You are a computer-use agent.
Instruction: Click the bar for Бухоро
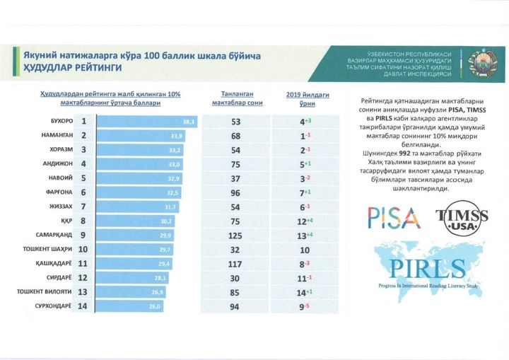click(x=146, y=122)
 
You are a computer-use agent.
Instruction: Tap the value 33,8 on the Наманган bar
click(x=177, y=136)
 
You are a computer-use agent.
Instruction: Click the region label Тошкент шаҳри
click(x=45, y=249)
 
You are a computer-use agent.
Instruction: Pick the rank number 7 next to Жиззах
click(x=83, y=207)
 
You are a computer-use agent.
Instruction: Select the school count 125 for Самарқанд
click(x=236, y=235)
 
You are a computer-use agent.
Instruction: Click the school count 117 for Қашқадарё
click(x=236, y=263)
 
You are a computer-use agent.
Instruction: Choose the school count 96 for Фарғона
click(x=236, y=192)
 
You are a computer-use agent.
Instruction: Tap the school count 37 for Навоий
click(x=236, y=178)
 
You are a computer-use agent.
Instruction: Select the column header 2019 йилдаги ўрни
click(x=303, y=98)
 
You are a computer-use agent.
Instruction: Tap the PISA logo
click(x=393, y=216)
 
